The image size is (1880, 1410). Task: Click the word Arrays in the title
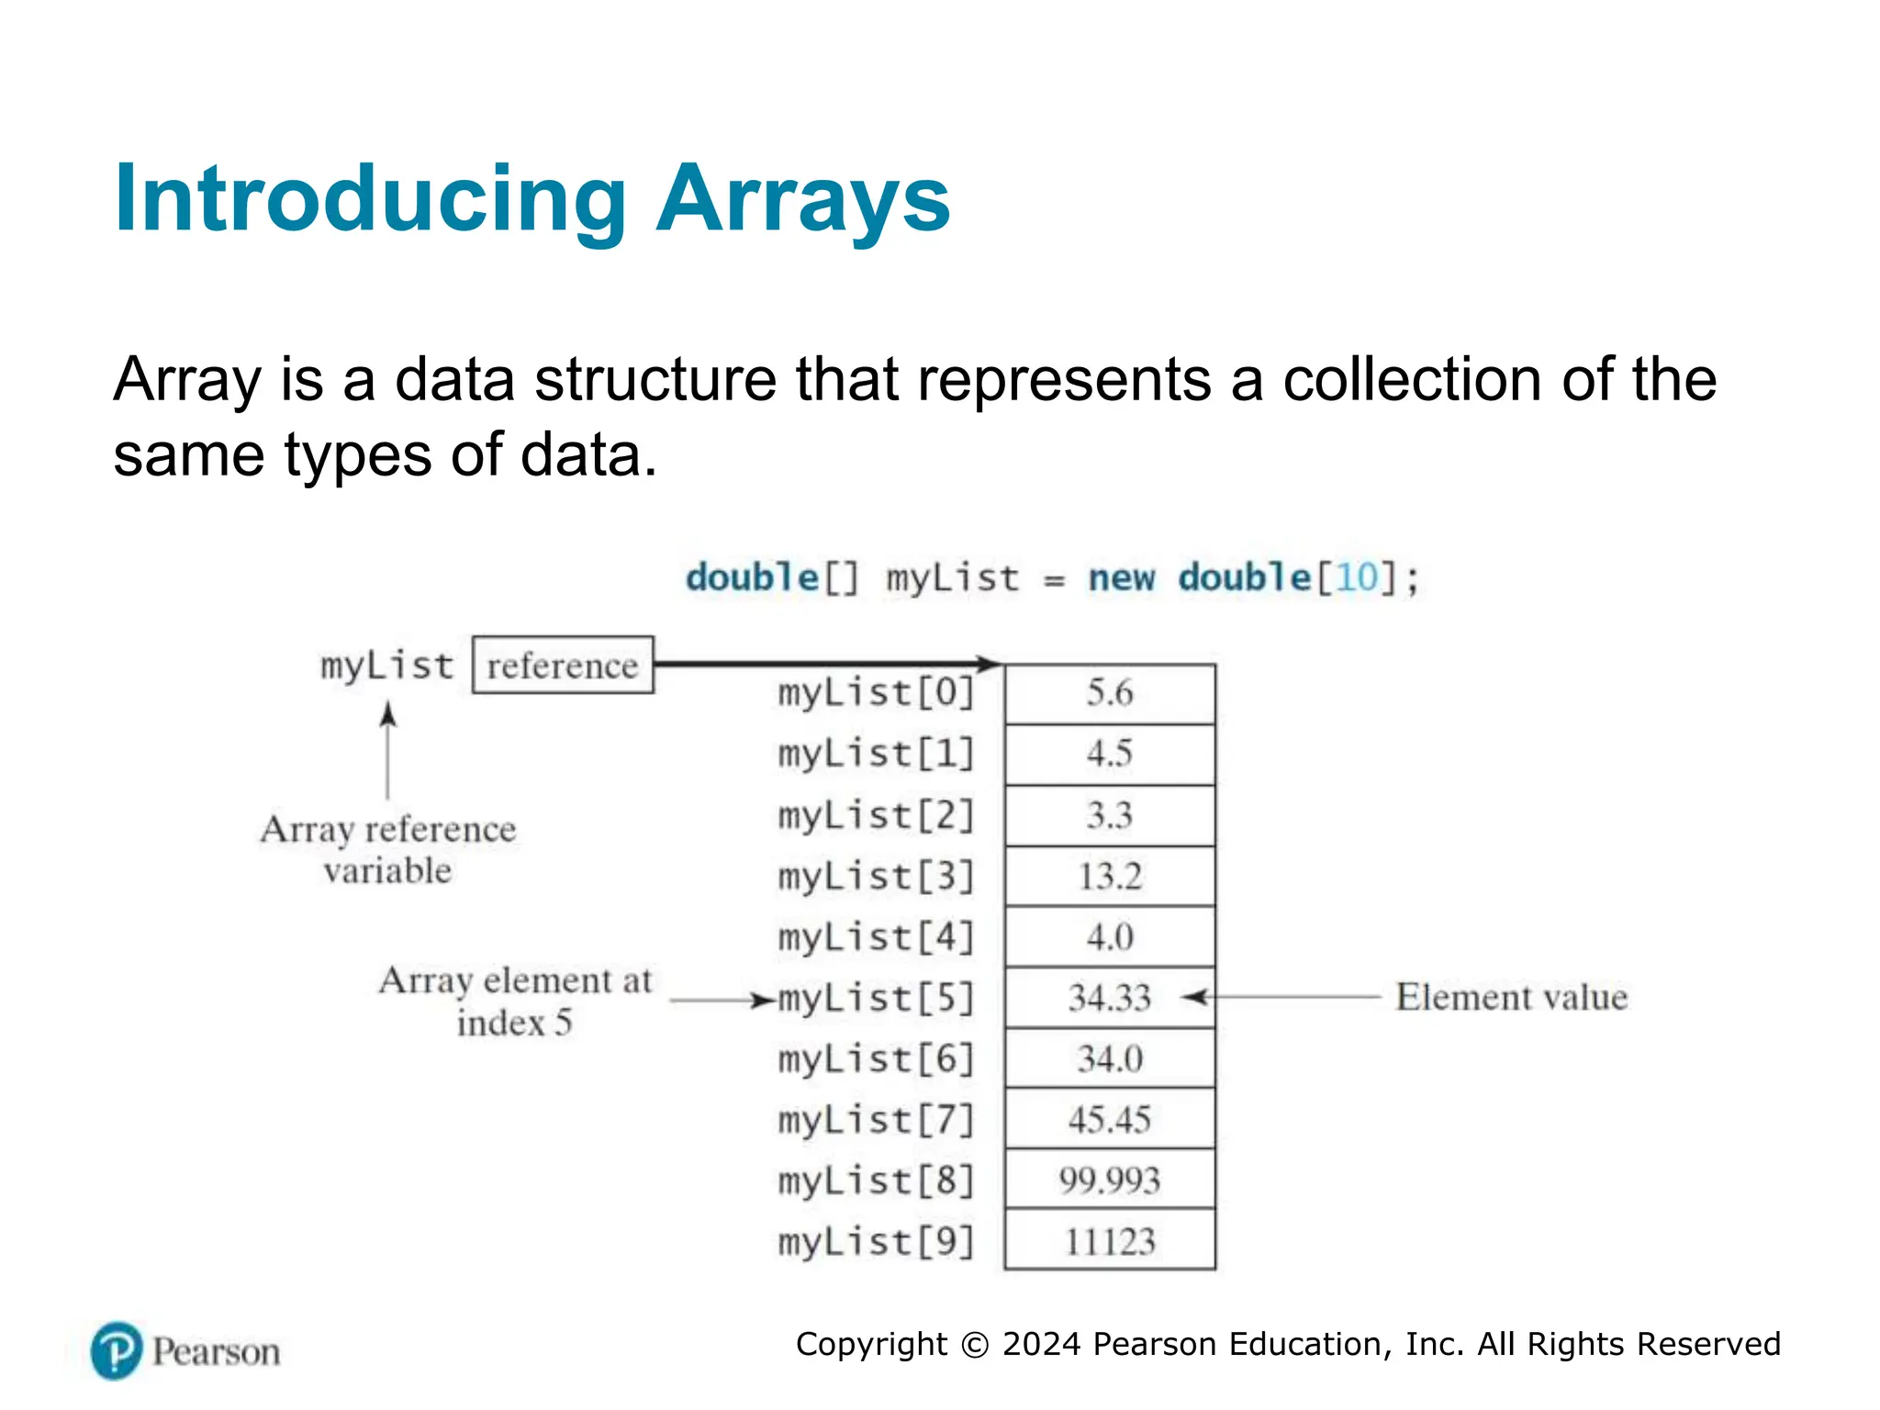803,199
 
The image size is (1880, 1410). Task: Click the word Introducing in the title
370,199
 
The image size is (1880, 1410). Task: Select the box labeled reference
563,666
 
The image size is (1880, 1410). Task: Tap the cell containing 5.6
1110,694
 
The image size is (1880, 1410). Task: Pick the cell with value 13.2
1110,877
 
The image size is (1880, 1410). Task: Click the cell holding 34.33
1110,998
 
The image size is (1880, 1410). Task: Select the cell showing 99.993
1110,1181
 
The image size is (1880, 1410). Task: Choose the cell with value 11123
1110,1241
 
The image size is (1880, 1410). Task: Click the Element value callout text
1511,998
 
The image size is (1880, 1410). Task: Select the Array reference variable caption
388,850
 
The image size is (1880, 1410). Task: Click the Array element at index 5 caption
515,1001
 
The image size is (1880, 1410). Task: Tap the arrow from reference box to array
826,663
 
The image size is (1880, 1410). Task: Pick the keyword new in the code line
1121,578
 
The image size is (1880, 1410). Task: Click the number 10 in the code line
1358,578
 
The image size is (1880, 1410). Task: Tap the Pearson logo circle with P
117,1351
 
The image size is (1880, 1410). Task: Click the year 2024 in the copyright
1041,1344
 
